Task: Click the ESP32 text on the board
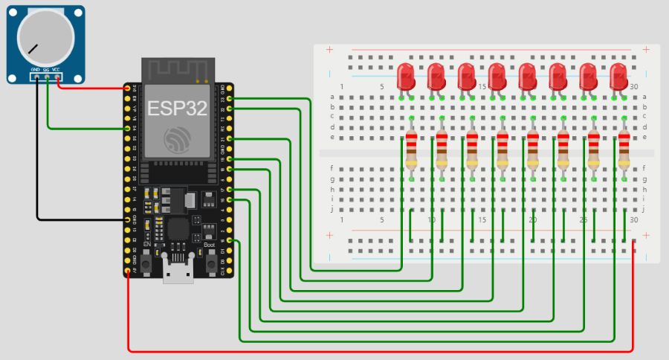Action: click(176, 109)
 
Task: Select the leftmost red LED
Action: click(406, 76)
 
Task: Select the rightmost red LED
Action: click(618, 76)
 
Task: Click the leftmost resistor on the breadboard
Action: click(411, 151)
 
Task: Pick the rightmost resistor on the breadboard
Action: click(624, 151)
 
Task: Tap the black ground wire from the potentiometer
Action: click(37, 164)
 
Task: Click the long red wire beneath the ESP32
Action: click(372, 350)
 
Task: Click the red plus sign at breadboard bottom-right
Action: click(645, 235)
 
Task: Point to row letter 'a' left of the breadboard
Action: click(332, 97)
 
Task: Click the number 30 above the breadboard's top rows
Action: click(633, 87)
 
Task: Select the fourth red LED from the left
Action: click(497, 76)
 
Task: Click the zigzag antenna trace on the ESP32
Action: click(176, 70)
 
